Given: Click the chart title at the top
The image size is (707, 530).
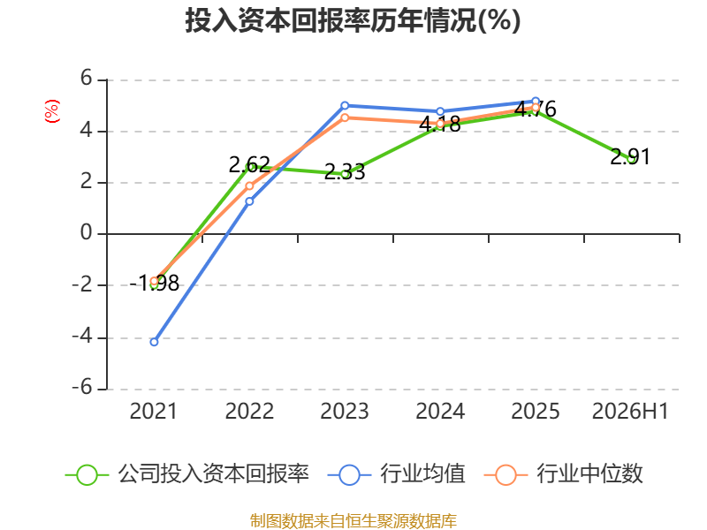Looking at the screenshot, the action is click(x=353, y=20).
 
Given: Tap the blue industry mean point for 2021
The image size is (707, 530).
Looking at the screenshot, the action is click(x=154, y=342).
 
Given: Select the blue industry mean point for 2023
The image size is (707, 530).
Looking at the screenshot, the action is click(x=345, y=105).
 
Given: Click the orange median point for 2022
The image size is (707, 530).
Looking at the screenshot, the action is click(x=249, y=186).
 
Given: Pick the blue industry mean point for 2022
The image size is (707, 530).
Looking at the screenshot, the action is click(x=249, y=201).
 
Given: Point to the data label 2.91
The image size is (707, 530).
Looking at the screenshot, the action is click(x=630, y=157).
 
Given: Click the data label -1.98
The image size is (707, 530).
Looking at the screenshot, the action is click(x=154, y=284).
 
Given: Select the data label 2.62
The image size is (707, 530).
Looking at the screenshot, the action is click(x=249, y=165).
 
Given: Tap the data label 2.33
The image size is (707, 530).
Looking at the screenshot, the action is click(x=345, y=172).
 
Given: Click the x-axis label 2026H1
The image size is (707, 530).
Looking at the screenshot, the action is click(x=630, y=412).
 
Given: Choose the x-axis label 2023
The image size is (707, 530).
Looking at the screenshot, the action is click(x=345, y=412).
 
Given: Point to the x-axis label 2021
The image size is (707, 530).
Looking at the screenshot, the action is click(x=154, y=412).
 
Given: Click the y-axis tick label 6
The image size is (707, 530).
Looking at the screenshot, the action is click(x=86, y=79).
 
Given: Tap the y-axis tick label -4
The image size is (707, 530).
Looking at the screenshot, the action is click(x=82, y=337).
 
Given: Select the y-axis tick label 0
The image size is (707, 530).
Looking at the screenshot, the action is click(x=86, y=233).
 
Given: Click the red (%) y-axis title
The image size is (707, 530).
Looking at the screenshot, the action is click(x=52, y=111).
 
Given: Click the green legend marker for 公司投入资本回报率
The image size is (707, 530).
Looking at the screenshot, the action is click(x=87, y=475).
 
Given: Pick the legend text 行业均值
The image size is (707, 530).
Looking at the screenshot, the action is click(x=422, y=474).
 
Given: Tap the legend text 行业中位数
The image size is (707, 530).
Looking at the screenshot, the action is click(x=589, y=474).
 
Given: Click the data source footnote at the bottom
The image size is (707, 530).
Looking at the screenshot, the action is click(x=353, y=521).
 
